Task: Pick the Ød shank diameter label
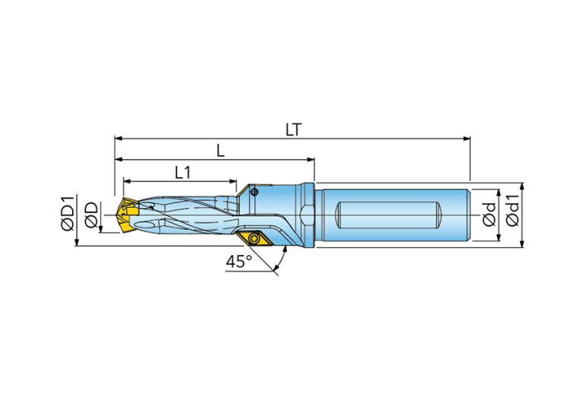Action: coord(490,214)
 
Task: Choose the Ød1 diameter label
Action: coord(513,214)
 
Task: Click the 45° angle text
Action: coord(238,262)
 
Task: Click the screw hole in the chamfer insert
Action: coord(255,239)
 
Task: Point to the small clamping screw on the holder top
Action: coord(255,191)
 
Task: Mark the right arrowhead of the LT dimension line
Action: coord(467,139)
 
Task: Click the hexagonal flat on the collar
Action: coord(307,214)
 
